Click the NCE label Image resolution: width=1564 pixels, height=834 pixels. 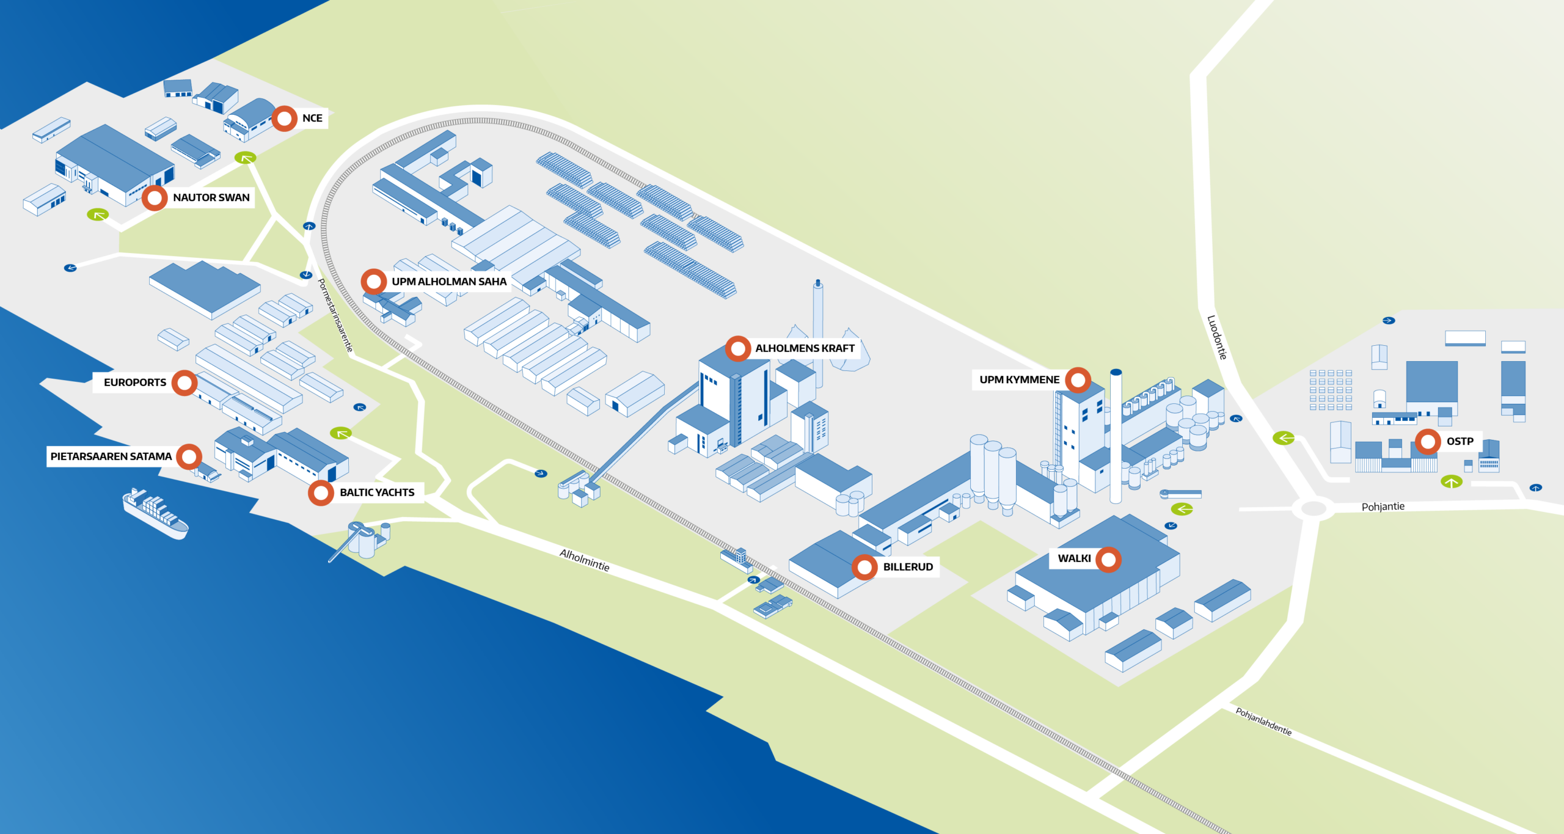[x=312, y=119]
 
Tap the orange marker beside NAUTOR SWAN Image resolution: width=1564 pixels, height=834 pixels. [x=155, y=198]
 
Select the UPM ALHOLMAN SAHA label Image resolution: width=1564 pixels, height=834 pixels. [x=449, y=282]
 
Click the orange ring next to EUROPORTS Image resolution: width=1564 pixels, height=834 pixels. [x=185, y=383]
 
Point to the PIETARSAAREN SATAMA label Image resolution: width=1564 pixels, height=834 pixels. [x=111, y=456]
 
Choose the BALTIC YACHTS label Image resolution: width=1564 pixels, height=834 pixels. [x=377, y=492]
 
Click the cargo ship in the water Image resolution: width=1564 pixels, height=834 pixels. [x=155, y=513]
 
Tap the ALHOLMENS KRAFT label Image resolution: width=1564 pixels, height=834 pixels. [x=805, y=348]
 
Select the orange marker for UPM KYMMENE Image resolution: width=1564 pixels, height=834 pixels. [x=1078, y=380]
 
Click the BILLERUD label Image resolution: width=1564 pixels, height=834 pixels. [x=908, y=567]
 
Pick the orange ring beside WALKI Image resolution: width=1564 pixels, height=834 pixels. [x=1108, y=559]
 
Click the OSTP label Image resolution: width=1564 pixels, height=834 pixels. [x=1460, y=442]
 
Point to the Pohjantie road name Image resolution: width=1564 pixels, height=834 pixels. [x=1383, y=507]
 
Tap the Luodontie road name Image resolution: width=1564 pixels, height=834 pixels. [x=1217, y=337]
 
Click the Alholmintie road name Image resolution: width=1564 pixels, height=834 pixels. [x=585, y=560]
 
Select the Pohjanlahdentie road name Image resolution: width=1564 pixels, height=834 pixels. [x=1263, y=722]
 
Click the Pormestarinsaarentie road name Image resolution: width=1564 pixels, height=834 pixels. [x=335, y=315]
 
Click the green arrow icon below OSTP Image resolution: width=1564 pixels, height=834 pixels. [x=1452, y=482]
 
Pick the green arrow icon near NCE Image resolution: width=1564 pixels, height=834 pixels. [x=245, y=158]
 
